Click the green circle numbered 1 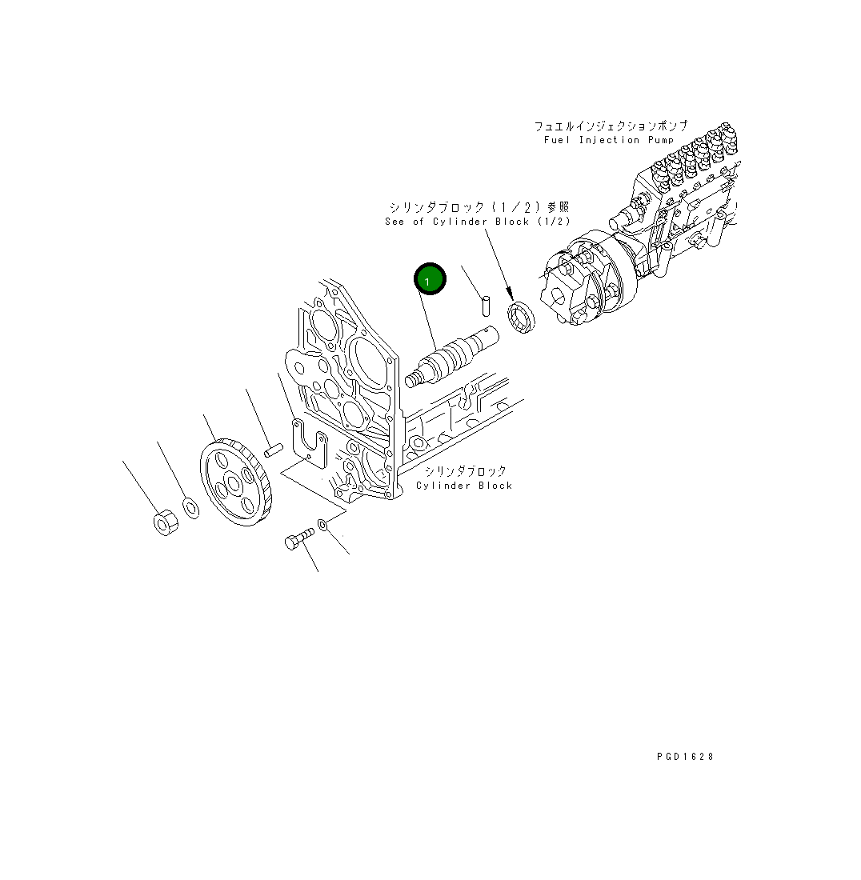(430, 278)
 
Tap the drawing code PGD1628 (685, 757)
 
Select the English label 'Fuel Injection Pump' (608, 140)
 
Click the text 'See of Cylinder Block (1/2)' (478, 221)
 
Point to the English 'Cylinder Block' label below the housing (464, 486)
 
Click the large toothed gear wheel (236, 482)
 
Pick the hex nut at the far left (166, 522)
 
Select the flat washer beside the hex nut (191, 507)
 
